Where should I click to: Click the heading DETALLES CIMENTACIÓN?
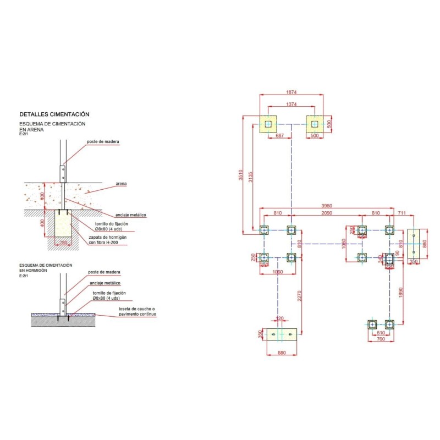54,114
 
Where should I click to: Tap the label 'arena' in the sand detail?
122,184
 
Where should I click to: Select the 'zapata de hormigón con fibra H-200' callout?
107,240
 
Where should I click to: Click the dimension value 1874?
291,92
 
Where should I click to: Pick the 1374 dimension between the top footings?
291,105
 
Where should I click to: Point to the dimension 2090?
327,212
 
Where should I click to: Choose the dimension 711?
402,212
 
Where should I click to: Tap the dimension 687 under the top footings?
280,135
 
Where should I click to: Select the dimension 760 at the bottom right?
380,339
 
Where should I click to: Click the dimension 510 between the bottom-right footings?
380,332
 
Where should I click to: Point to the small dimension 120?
280,318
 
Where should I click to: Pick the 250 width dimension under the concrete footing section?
64,242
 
